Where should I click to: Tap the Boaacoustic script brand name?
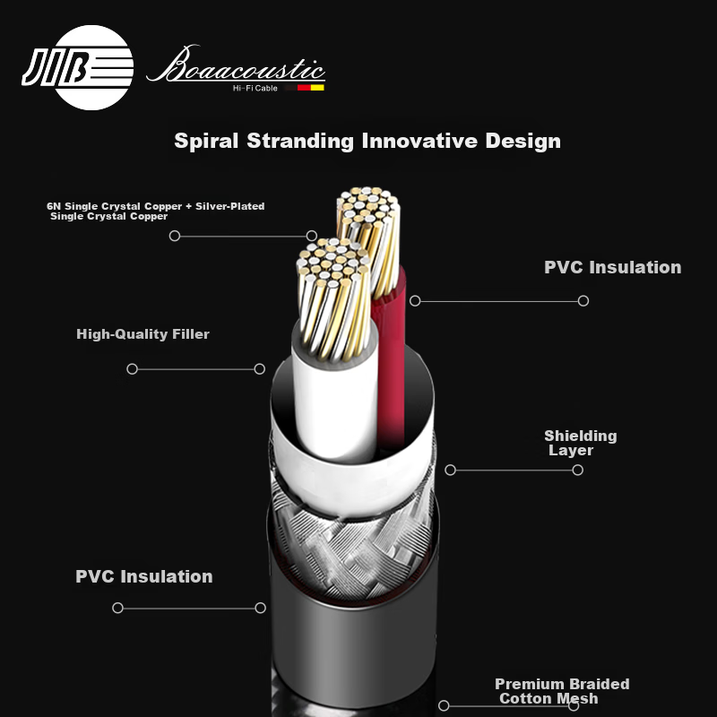[x=236, y=65]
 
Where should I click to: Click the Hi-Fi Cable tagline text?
[x=255, y=88]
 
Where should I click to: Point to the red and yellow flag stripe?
[x=311, y=87]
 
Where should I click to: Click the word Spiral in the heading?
[x=206, y=142]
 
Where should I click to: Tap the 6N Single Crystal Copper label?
[x=155, y=212]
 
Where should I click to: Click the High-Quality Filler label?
[x=143, y=334]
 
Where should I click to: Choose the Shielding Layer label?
[x=580, y=443]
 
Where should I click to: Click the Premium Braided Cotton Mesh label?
[x=562, y=691]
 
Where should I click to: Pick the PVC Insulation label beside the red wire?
[x=613, y=267]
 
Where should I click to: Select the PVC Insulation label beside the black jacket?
[x=144, y=576]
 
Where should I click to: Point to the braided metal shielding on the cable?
[x=352, y=544]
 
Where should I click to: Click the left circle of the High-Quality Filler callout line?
[x=132, y=369]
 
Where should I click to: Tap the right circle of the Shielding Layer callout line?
[x=577, y=470]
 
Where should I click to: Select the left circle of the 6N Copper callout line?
[x=175, y=236]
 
